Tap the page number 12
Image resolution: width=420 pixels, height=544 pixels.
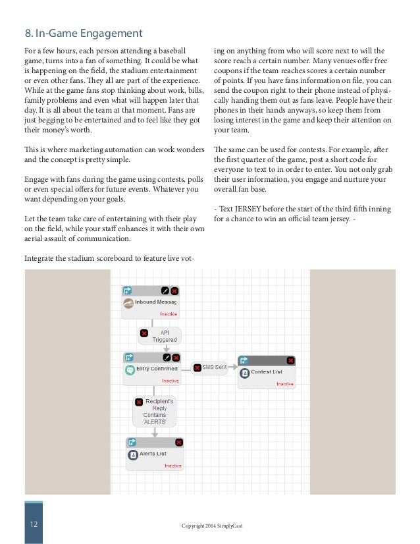(33, 524)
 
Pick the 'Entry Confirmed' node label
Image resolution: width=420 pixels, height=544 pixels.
(156, 369)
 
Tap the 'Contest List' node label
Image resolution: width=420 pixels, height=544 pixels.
(267, 372)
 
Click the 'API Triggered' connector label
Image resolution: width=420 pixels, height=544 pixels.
(160, 336)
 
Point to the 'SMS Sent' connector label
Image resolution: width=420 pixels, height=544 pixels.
(214, 367)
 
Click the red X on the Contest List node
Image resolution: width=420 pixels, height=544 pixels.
(290, 360)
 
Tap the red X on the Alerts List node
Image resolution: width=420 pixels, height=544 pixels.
(178, 443)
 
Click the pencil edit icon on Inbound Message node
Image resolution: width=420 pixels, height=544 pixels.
(165, 290)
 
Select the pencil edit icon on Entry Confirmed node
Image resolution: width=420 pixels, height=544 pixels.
(167, 358)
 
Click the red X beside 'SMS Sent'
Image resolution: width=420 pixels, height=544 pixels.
(197, 367)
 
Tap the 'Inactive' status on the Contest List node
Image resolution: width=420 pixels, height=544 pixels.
(284, 383)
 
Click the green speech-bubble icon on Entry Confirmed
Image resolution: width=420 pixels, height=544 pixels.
(130, 369)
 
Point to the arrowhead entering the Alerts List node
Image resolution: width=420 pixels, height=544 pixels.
(154, 434)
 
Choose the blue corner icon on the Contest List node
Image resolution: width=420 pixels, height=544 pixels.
(244, 360)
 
